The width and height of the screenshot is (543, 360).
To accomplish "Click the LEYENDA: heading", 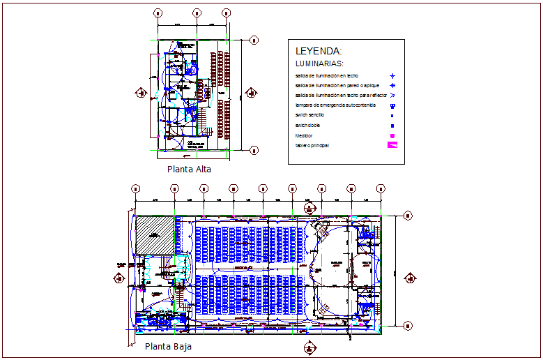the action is pos(319,51).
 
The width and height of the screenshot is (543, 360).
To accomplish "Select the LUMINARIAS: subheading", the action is pos(319,63).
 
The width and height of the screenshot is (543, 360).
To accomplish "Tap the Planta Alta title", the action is pos(189,169).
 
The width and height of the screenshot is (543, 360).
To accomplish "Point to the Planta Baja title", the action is pos(168,346).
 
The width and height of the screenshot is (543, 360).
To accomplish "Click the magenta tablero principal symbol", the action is pos(392,146).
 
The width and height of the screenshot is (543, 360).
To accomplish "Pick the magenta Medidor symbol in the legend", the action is pos(392,135).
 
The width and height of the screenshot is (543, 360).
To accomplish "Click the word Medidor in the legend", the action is pos(304,135).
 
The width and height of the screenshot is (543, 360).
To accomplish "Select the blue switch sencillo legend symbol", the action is pos(392,115).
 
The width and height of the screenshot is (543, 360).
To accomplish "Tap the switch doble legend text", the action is pos(307,125).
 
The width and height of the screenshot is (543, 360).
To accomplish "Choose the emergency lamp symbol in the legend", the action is pos(392,105).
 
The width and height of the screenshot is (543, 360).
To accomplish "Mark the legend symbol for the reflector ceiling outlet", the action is pos(392,95).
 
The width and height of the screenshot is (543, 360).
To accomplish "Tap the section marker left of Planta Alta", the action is pos(143,92).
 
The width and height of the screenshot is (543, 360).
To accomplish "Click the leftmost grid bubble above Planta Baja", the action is pos(136,188).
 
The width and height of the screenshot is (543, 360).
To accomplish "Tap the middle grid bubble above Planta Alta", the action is pos(197,13).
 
